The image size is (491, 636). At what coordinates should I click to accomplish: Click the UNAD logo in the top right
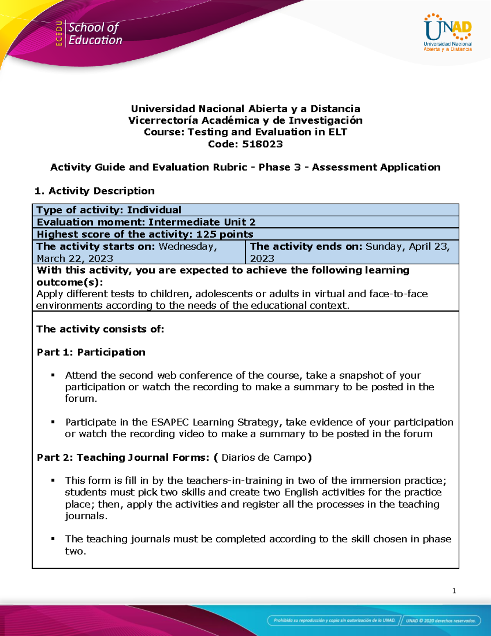tap(448, 33)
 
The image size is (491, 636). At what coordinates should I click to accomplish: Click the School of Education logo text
tap(95, 34)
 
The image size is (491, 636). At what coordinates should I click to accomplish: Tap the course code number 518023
tap(262, 144)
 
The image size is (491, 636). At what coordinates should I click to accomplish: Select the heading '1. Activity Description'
tap(95, 191)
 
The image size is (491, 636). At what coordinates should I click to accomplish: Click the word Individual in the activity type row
tap(154, 210)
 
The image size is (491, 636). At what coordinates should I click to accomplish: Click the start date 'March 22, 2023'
tap(75, 258)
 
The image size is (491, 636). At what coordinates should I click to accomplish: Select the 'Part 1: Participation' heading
tap(91, 352)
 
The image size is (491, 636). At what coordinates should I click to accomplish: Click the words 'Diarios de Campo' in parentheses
tap(264, 457)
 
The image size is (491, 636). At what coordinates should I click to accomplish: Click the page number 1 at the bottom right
tap(454, 591)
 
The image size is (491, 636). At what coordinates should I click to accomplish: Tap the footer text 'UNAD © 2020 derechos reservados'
tap(441, 620)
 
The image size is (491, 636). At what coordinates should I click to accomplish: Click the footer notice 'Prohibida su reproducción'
tap(334, 620)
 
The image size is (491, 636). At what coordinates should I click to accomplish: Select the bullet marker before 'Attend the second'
tap(53, 375)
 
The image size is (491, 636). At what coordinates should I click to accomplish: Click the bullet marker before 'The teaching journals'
tap(53, 539)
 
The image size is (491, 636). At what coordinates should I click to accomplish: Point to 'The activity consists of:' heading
tap(100, 329)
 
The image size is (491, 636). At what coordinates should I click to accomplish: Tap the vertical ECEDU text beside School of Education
tap(59, 34)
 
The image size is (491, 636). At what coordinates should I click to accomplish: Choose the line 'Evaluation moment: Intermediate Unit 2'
tap(146, 222)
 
